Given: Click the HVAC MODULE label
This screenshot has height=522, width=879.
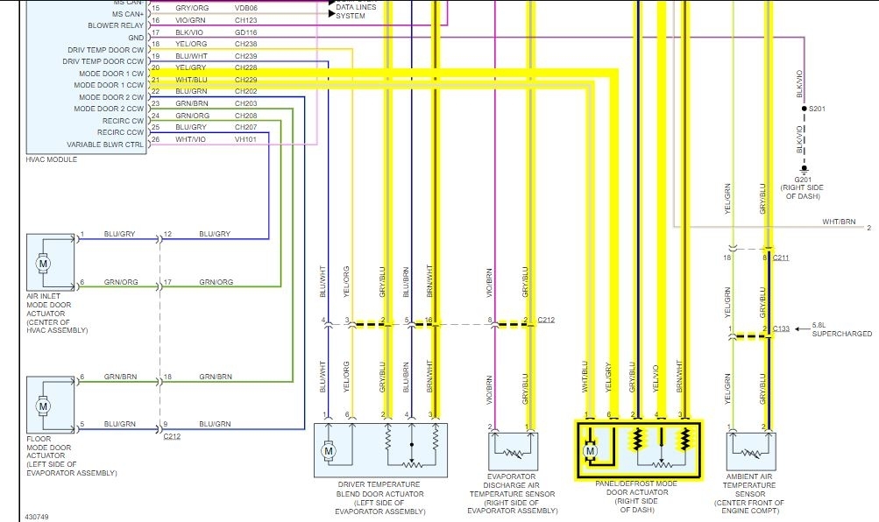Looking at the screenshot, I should point(52,159).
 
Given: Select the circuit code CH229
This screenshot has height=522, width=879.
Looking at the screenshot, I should point(246,80).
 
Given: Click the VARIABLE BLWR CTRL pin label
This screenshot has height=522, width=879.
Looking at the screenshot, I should point(105,145).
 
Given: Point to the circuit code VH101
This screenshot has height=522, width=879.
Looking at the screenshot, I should point(246,139).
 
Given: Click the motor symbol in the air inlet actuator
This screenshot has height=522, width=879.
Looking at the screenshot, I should point(41,262).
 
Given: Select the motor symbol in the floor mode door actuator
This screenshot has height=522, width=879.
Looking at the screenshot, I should point(41,406).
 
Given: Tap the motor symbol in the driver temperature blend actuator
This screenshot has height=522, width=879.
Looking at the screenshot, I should point(329,451).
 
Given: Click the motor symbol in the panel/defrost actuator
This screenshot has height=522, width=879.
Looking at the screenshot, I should point(590,451).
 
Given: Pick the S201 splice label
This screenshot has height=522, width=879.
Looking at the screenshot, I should point(817,109).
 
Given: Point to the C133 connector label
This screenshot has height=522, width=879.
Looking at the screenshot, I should point(783,329).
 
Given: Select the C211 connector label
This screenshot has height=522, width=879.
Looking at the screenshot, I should point(783,257).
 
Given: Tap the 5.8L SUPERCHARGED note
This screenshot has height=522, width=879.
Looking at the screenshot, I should point(842,329).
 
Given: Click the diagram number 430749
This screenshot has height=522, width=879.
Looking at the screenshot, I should point(38,517).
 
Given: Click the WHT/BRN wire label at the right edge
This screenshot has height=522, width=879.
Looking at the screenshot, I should point(839,222).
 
